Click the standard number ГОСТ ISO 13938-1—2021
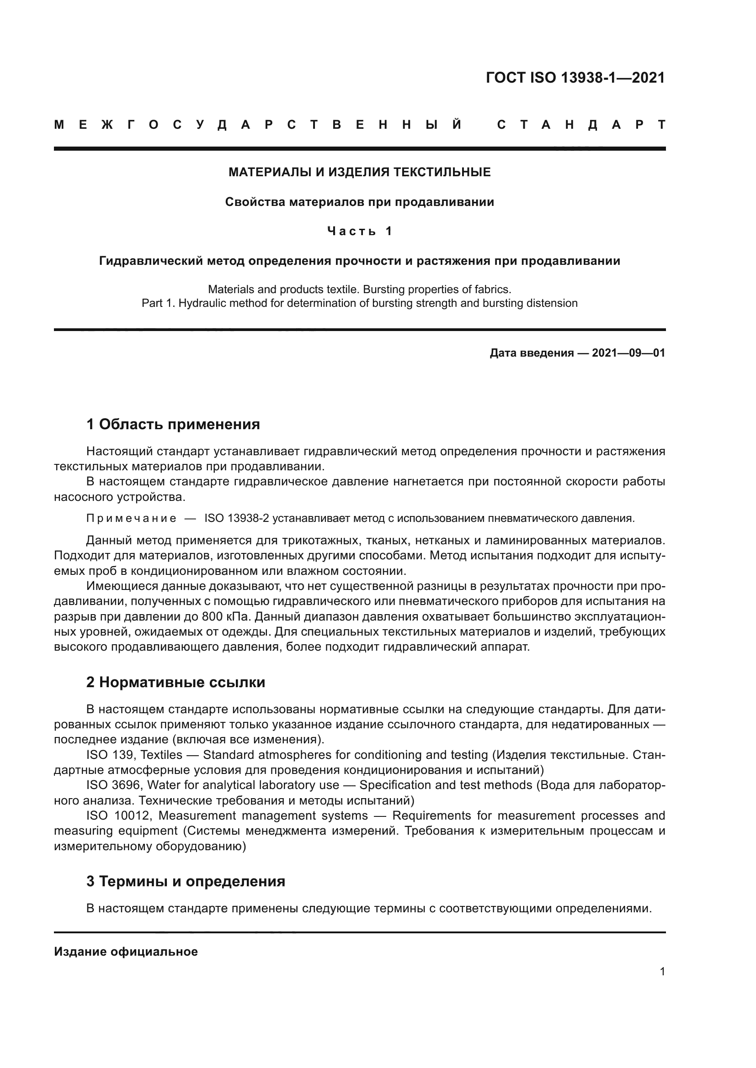coord(575,77)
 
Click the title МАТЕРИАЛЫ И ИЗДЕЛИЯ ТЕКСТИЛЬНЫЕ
coord(359,173)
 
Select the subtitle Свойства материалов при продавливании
coord(359,202)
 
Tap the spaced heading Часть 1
coord(359,231)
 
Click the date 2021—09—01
coord(628,353)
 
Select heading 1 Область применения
coord(173,424)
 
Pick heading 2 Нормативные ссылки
coord(176,682)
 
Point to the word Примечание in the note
coord(131,518)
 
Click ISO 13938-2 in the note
coord(236,518)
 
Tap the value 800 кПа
coord(220,617)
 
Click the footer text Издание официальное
coord(126,952)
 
